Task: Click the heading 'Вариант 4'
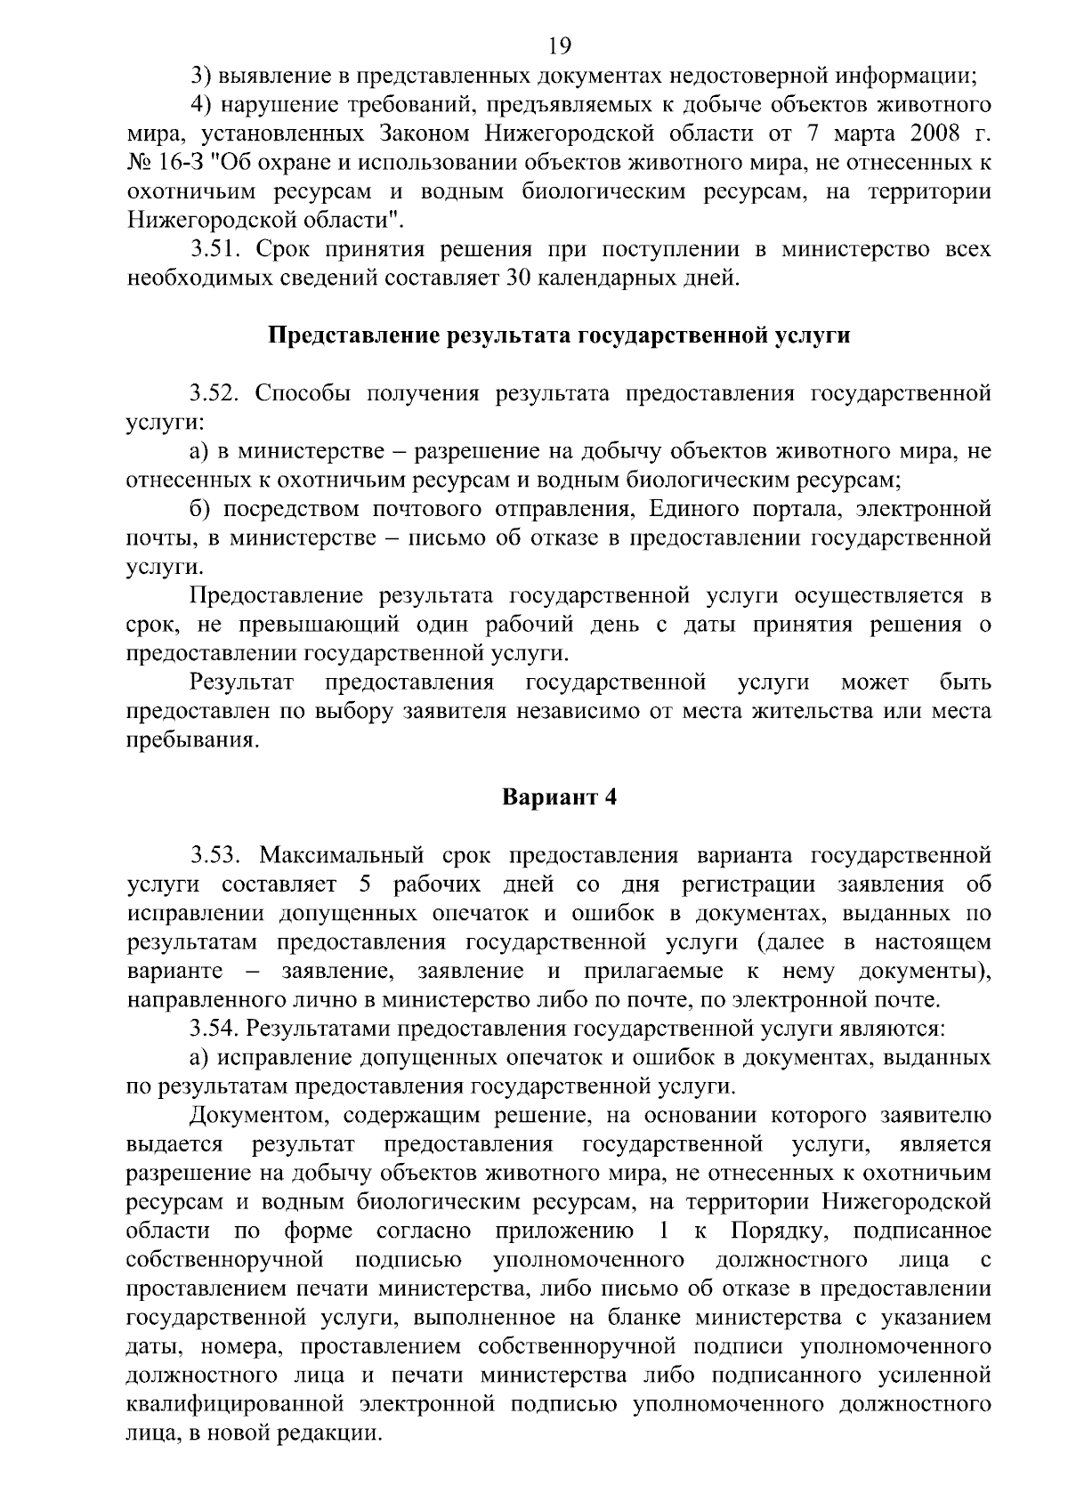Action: point(560,796)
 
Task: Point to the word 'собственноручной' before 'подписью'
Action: point(223,1260)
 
